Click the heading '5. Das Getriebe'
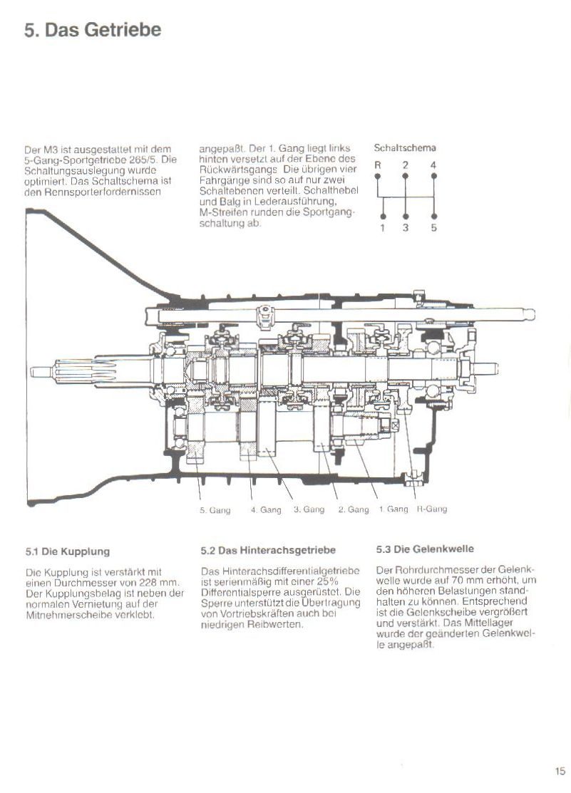[x=93, y=30]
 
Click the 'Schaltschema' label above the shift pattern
[x=405, y=148]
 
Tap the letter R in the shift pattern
[x=379, y=165]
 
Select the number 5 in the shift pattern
[x=433, y=228]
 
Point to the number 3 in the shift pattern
[x=405, y=228]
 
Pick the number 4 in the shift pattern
[x=433, y=165]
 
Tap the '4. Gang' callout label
[x=265, y=509]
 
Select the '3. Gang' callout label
[x=309, y=509]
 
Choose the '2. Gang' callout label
[x=353, y=509]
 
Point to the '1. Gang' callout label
[x=393, y=509]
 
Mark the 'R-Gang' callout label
[x=432, y=509]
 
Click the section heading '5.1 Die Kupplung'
[x=67, y=551]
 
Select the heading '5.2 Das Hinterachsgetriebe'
[x=268, y=550]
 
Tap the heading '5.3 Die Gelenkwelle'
[x=424, y=549]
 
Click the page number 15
[x=559, y=770]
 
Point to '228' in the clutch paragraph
[x=150, y=582]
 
